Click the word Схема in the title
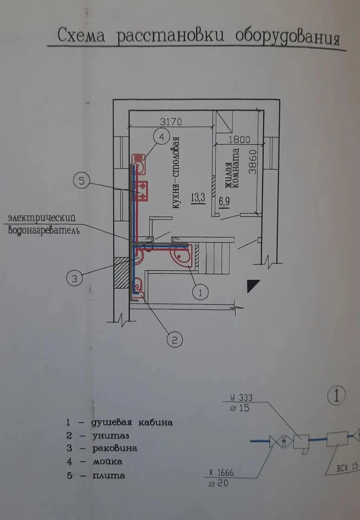coord(81,35)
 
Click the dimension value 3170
coord(171,121)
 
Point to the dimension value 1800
coord(239,139)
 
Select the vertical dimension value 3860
coord(253,162)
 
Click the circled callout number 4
coord(162,137)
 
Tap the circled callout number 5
coord(82,181)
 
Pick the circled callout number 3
coord(74,278)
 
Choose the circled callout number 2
coord(175,340)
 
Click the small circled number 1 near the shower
coord(200,292)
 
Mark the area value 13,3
coord(198,199)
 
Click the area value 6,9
coord(224,202)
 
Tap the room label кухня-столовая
coord(176,173)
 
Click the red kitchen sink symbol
coord(139,165)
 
